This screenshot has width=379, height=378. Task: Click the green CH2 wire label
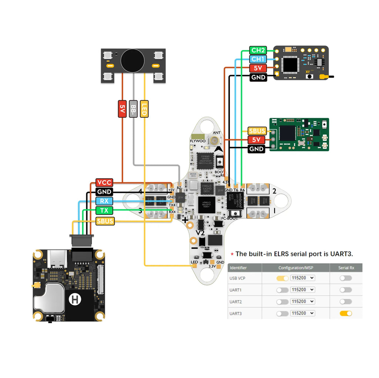pos(258,50)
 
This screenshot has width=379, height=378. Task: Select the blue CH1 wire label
pos(258,59)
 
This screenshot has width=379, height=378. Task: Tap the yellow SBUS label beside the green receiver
pos(257,131)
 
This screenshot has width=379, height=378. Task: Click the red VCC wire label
pos(104,183)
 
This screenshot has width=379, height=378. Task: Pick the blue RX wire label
pos(104,201)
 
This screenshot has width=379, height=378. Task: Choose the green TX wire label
pos(104,211)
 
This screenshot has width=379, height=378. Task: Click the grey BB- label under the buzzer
pos(133,109)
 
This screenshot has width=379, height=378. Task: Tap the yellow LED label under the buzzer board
pos(144,109)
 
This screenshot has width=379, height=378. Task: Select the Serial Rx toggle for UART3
pos(346,313)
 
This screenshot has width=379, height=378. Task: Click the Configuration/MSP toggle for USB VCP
pos(282,278)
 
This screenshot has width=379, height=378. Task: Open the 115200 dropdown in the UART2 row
pos(302,302)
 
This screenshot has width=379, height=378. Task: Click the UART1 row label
pos(235,290)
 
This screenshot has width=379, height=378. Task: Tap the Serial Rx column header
pos(346,268)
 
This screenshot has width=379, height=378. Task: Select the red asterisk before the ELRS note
pos(232,254)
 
